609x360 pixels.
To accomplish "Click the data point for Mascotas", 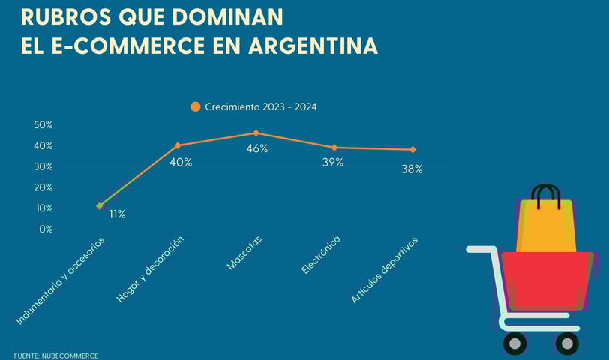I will point(256,133).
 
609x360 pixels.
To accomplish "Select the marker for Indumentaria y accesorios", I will point(100,205).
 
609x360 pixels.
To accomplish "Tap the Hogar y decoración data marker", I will point(178,145).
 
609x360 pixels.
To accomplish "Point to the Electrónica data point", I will point(334,148).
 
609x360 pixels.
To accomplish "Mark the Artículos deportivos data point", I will point(412,150).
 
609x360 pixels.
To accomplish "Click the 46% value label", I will point(257,148).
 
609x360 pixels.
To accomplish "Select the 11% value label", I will point(117,214).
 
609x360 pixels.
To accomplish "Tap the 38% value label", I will point(412,169).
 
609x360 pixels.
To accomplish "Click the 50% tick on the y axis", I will point(43,124).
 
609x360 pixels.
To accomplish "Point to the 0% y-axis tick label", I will point(46,229).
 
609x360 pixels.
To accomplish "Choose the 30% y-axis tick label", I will point(43,166).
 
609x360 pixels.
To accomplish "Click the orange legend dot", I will point(196,106).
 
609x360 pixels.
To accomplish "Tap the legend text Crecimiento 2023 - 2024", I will point(261,107).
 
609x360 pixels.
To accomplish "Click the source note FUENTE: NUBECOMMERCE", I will point(56,355).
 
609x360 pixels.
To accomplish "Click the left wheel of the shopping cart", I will point(514,343).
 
